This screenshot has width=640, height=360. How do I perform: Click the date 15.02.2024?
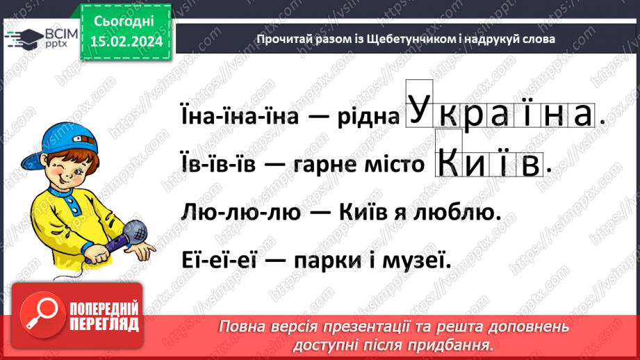(126, 42)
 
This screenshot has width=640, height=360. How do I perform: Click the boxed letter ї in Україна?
(526, 115)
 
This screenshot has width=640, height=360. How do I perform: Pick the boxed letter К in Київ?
(450, 163)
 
